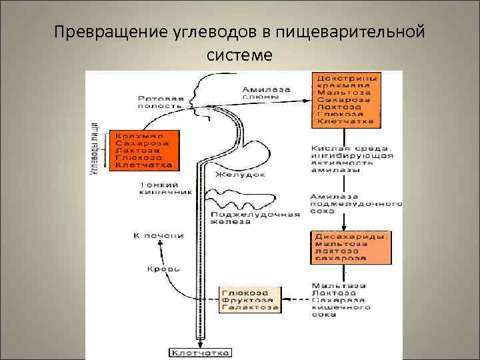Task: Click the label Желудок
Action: click(x=239, y=175)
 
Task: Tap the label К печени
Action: click(x=157, y=235)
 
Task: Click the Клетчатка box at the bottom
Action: click(x=200, y=352)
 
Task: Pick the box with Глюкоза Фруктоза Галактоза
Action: click(x=250, y=301)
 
